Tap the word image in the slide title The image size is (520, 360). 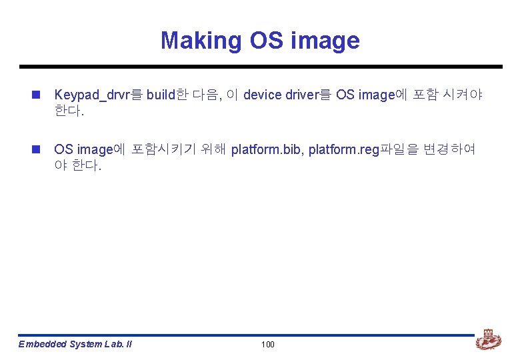pyautogui.click(x=326, y=41)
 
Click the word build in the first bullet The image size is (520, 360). pyautogui.click(x=160, y=95)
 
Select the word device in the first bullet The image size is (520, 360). pyautogui.click(x=263, y=95)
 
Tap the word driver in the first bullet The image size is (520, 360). pyautogui.click(x=303, y=95)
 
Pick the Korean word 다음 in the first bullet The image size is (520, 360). pyautogui.click(x=205, y=95)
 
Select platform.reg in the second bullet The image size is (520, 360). pyautogui.click(x=343, y=149)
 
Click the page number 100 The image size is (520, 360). pyautogui.click(x=267, y=345)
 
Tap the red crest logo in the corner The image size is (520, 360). pyautogui.click(x=488, y=341)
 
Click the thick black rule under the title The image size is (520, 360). pyautogui.click(x=260, y=67)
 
